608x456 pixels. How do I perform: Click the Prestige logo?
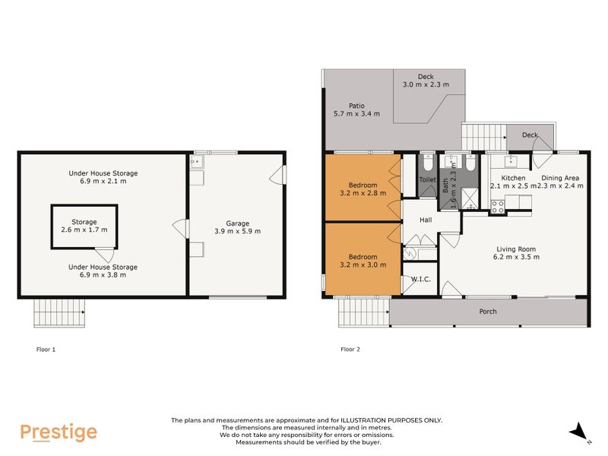coord(59,432)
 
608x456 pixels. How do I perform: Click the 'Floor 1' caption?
coord(46,350)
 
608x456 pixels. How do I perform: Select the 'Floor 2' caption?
coord(350,350)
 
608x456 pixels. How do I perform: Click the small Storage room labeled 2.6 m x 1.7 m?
coord(84,226)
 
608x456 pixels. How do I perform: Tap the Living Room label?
coord(517,252)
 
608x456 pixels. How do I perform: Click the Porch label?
coord(488,312)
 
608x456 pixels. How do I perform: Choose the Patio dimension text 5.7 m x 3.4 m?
coord(357,114)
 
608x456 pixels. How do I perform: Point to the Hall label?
coord(426,220)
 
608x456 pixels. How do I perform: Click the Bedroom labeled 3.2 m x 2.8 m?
coord(363,188)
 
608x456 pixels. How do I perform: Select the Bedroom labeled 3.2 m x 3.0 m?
coord(363,261)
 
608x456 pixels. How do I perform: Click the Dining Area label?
coord(561,181)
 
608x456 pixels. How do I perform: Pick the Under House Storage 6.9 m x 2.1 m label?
coord(103,177)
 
